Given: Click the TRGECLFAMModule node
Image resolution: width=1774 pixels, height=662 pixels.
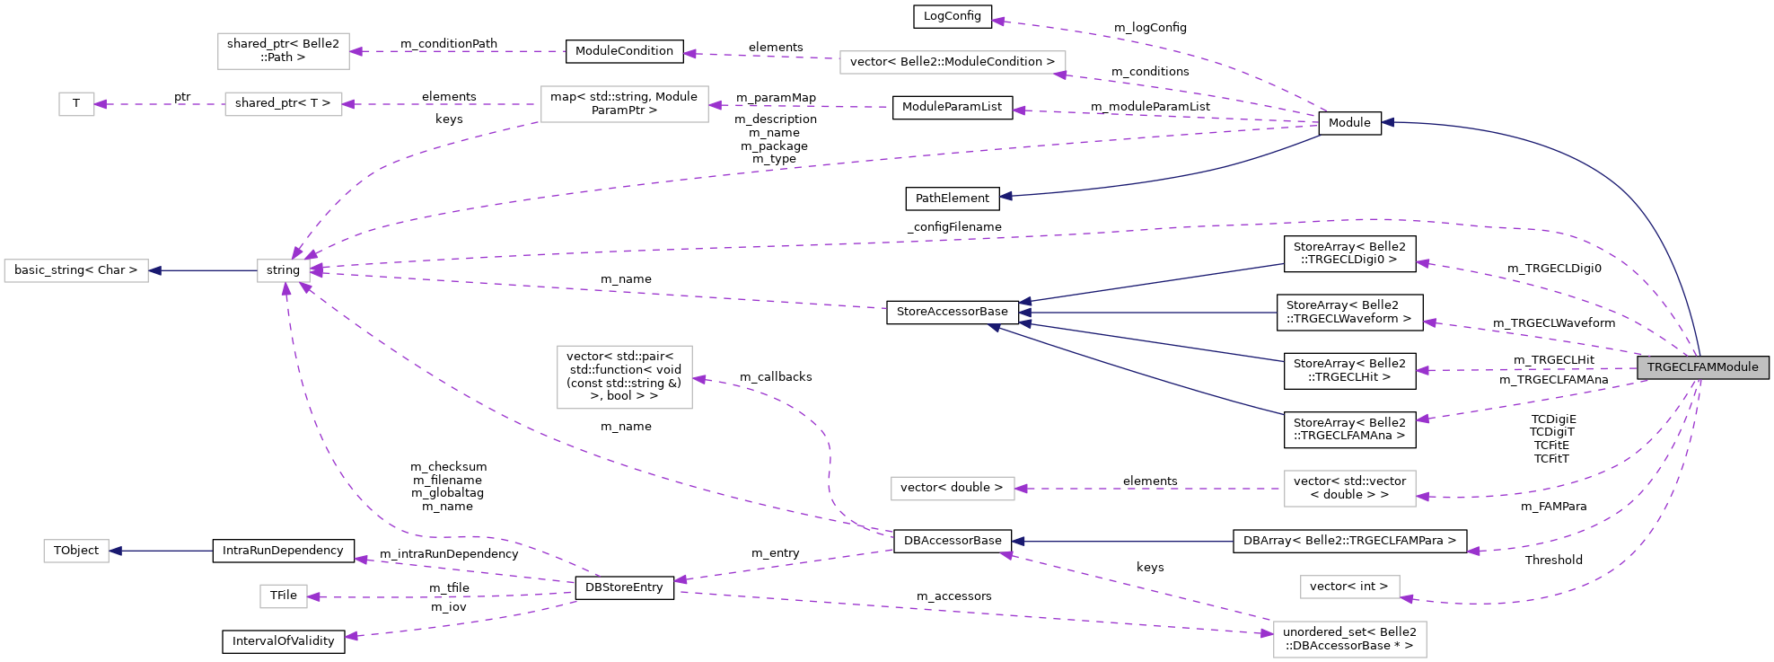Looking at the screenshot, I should point(1702,367).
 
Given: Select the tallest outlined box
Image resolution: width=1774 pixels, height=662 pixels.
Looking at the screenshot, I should point(624,377).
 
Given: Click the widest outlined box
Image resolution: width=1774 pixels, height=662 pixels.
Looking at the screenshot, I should point(953,63).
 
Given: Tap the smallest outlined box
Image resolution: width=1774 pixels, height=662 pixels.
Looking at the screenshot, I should point(76,104).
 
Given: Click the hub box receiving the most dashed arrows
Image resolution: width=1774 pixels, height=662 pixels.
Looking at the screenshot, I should point(284,270).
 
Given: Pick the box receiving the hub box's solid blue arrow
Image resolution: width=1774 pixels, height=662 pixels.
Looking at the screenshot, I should point(76,270).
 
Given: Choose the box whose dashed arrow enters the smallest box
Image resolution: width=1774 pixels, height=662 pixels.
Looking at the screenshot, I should point(283,104).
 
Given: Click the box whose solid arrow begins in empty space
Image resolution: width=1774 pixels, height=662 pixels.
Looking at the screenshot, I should point(76,551).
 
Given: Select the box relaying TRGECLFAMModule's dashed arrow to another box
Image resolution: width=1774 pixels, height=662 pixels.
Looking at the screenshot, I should point(1349,489).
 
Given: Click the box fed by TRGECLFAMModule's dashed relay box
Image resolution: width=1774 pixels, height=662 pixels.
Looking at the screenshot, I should point(953,489).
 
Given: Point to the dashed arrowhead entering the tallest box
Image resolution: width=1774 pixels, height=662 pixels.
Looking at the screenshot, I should point(699,379).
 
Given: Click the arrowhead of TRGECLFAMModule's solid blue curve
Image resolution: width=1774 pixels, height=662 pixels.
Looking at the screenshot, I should point(1387,122).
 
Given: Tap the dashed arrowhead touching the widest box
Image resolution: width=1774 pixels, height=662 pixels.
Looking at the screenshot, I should point(1059,75).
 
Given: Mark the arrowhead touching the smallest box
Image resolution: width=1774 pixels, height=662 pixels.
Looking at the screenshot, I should point(101,104).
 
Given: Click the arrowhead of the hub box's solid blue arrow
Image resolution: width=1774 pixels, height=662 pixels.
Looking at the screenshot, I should point(154,270).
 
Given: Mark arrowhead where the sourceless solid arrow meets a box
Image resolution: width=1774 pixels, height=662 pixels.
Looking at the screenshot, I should point(115,551).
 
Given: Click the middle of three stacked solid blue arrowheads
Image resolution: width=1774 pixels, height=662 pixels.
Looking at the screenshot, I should point(1024,313).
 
